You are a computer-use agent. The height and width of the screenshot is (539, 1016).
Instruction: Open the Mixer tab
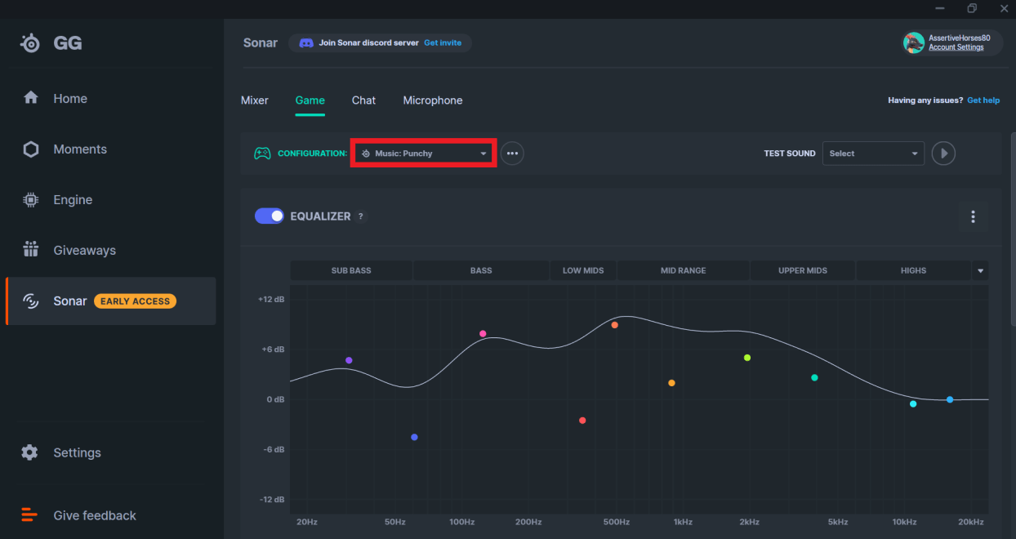255,100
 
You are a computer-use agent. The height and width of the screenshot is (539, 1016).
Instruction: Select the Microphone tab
433,100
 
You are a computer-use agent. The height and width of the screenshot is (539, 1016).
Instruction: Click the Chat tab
363,100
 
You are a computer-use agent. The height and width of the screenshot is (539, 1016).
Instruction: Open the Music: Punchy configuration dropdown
424,154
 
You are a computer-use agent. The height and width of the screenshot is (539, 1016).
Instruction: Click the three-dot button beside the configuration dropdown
512,154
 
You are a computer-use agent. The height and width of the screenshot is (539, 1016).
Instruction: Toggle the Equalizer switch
270,216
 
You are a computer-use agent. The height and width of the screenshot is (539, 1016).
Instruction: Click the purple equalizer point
349,360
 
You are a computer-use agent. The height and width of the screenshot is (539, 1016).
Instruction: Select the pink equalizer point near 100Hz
483,333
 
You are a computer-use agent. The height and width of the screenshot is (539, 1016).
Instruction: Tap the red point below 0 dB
582,421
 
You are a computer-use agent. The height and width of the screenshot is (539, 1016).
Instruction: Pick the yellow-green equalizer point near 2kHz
747,358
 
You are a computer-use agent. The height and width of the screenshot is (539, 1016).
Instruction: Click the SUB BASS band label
351,270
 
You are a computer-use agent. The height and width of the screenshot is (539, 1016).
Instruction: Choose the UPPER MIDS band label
803,270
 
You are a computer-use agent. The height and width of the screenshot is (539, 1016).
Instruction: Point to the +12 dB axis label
272,300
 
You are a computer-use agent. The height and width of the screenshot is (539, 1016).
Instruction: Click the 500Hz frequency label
617,522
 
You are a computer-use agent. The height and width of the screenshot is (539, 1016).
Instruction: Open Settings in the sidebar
77,452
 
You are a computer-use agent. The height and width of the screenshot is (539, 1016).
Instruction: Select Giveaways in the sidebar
85,251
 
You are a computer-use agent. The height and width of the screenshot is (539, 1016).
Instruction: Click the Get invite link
443,43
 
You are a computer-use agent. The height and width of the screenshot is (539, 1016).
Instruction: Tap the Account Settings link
956,47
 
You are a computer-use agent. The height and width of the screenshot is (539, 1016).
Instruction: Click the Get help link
983,100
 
